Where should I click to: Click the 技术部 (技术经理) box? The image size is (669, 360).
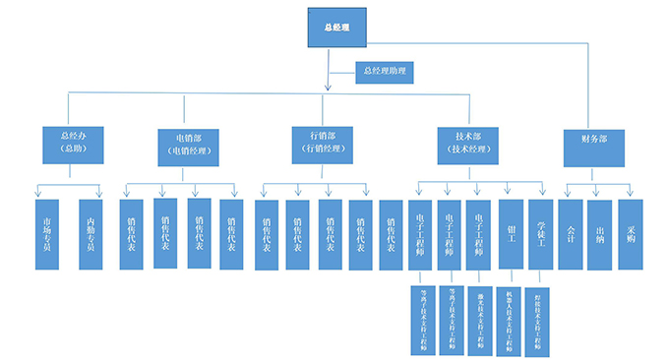pyautogui.click(x=468, y=144)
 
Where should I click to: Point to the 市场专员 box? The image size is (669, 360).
pyautogui.click(x=47, y=234)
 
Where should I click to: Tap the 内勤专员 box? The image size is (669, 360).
pyautogui.click(x=91, y=234)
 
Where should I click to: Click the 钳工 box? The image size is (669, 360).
pyautogui.click(x=510, y=234)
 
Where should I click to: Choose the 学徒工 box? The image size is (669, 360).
pyautogui.click(x=541, y=234)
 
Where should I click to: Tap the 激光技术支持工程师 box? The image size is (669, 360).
pyautogui.click(x=480, y=319)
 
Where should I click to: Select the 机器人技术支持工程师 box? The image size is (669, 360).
pyautogui.click(x=510, y=319)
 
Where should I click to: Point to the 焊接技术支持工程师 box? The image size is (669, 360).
pyautogui.click(x=540, y=319)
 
